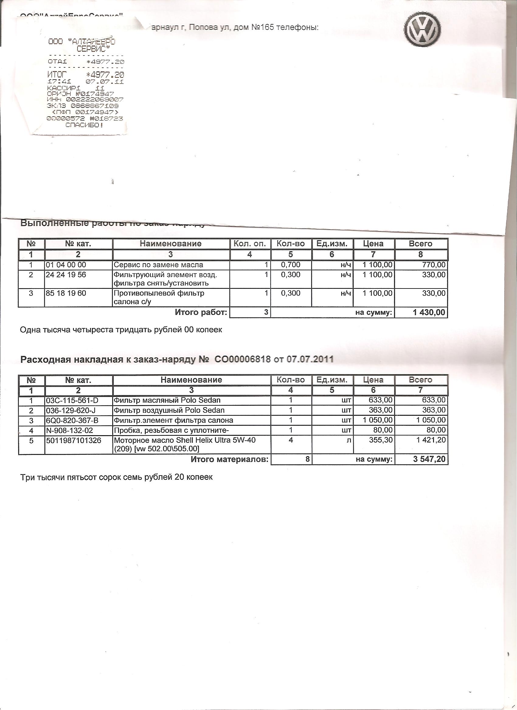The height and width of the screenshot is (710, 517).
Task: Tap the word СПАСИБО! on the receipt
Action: click(x=84, y=125)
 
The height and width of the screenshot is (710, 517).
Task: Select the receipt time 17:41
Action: click(x=60, y=82)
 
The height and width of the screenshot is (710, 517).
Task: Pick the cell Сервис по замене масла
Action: click(x=158, y=265)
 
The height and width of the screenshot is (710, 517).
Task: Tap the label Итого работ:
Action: click(x=201, y=312)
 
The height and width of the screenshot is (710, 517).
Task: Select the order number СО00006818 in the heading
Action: click(x=242, y=359)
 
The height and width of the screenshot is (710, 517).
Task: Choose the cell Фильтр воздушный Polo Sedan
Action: click(x=169, y=410)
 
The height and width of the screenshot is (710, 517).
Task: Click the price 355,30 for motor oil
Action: click(x=381, y=440)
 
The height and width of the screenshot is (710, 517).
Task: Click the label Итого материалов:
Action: click(x=230, y=459)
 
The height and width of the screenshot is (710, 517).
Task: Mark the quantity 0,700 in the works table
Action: click(x=291, y=265)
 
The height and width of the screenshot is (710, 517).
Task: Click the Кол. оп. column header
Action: click(x=250, y=244)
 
